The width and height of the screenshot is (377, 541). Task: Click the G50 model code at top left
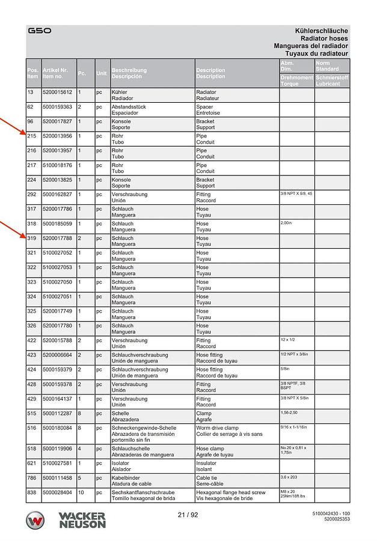point(40,30)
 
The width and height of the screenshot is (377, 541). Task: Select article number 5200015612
point(57,92)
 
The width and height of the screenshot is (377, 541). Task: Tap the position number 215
point(32,136)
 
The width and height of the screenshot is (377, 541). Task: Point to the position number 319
point(32,238)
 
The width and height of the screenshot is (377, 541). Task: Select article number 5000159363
point(57,107)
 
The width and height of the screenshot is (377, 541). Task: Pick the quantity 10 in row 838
point(82,492)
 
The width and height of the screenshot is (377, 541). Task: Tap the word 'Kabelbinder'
point(126,477)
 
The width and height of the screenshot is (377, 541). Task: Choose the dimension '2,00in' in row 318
point(286,223)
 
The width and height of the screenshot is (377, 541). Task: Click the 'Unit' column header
point(102,73)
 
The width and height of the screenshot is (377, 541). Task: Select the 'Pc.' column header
point(82,73)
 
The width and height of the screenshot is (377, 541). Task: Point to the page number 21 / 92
point(188,515)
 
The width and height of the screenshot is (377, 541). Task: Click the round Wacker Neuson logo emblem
point(35,521)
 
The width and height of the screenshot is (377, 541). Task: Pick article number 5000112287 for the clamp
point(57,414)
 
